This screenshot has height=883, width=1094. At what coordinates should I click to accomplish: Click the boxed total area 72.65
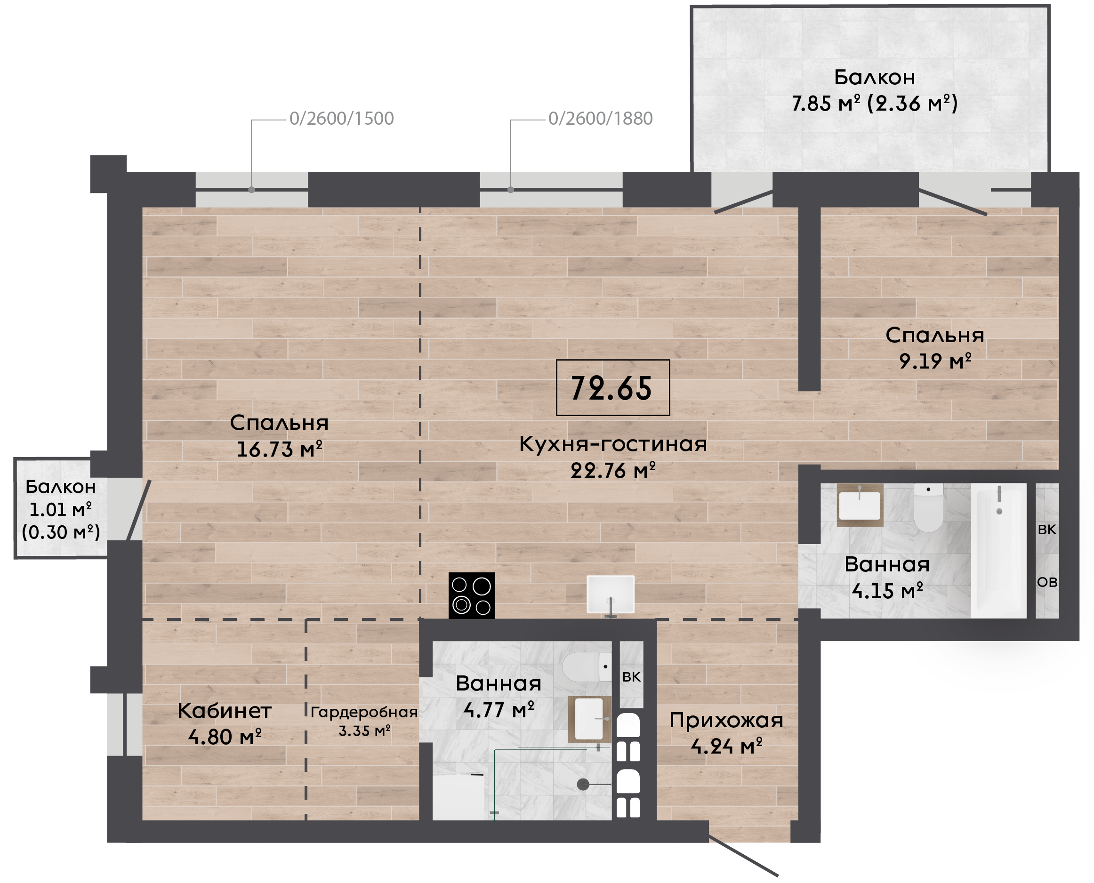tap(612, 387)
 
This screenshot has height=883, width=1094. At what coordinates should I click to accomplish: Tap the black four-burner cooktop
tap(472, 595)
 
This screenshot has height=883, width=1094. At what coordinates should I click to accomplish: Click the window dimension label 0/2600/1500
tap(341, 119)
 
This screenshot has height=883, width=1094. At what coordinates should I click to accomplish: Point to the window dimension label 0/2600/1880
tap(600, 119)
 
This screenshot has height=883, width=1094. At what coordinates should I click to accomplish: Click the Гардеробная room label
tap(364, 712)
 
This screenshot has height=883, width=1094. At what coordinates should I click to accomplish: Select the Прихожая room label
tap(726, 720)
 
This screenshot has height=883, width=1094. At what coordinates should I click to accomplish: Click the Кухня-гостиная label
tap(613, 444)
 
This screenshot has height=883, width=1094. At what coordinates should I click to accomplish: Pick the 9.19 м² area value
tap(935, 361)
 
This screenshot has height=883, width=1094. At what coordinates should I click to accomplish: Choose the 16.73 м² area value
tap(279, 449)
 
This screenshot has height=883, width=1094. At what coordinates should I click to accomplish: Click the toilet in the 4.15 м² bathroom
tap(928, 507)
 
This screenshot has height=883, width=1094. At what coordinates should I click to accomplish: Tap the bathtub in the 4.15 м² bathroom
tap(999, 550)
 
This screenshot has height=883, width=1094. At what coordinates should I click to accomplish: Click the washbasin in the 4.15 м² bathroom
tap(860, 505)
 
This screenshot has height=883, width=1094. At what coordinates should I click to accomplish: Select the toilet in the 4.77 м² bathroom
tap(587, 667)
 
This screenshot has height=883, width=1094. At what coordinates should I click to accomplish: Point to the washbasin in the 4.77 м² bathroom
tap(589, 719)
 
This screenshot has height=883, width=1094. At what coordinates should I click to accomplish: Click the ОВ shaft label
tap(1047, 582)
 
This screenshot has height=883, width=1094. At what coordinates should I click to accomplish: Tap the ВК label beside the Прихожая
tap(631, 676)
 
